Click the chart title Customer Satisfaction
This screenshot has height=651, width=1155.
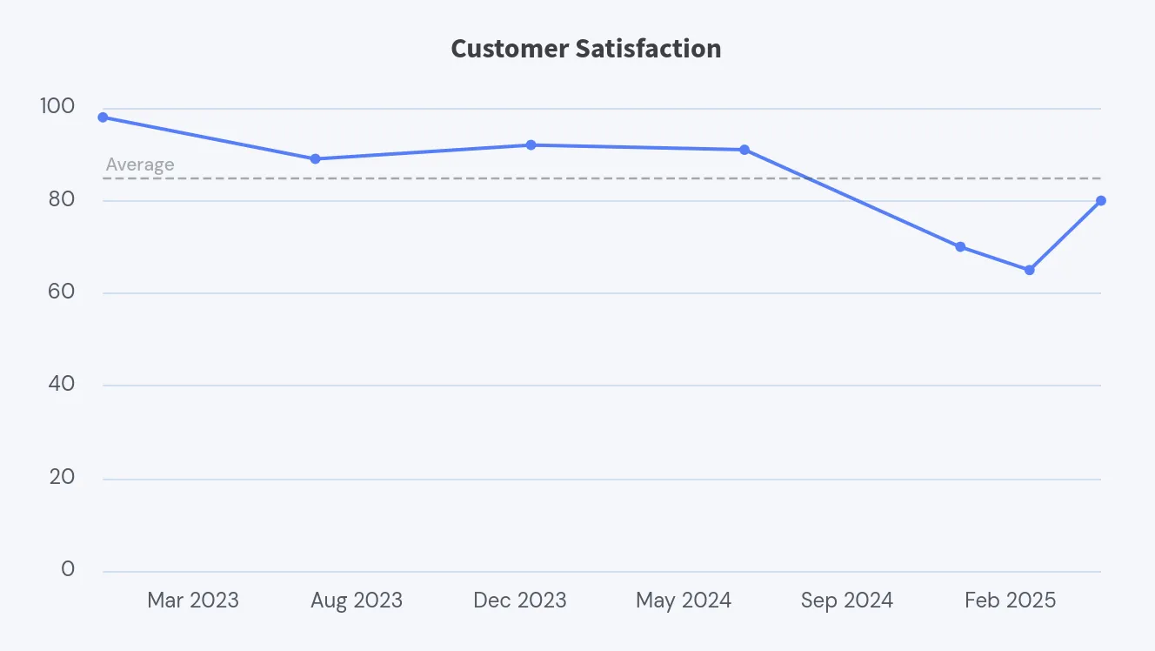click(x=585, y=49)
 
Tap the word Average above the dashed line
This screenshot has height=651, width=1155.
click(x=140, y=164)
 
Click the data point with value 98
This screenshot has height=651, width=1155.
click(x=103, y=117)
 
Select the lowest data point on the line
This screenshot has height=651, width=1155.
click(x=1030, y=270)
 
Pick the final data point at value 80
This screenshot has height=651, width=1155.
click(x=1101, y=201)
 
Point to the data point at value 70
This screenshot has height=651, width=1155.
click(x=960, y=247)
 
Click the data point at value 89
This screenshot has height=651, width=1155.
click(x=315, y=159)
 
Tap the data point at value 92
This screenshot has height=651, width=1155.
click(x=531, y=145)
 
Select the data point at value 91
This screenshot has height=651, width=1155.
click(x=744, y=150)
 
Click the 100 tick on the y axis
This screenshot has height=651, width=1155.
click(x=57, y=107)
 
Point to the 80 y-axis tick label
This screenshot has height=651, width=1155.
click(x=63, y=199)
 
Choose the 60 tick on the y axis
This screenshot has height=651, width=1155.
click(x=63, y=292)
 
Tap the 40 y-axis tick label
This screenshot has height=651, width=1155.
click(x=63, y=384)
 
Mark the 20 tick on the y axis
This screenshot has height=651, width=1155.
click(x=63, y=477)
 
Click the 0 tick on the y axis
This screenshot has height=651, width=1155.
click(x=68, y=569)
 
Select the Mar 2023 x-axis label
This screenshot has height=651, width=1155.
click(x=193, y=601)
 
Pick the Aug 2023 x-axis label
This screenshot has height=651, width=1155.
click(x=357, y=601)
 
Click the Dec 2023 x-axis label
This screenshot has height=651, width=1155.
click(x=520, y=601)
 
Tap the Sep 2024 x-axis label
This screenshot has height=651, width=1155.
click(x=847, y=601)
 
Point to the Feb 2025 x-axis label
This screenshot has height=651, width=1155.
click(x=1010, y=601)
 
